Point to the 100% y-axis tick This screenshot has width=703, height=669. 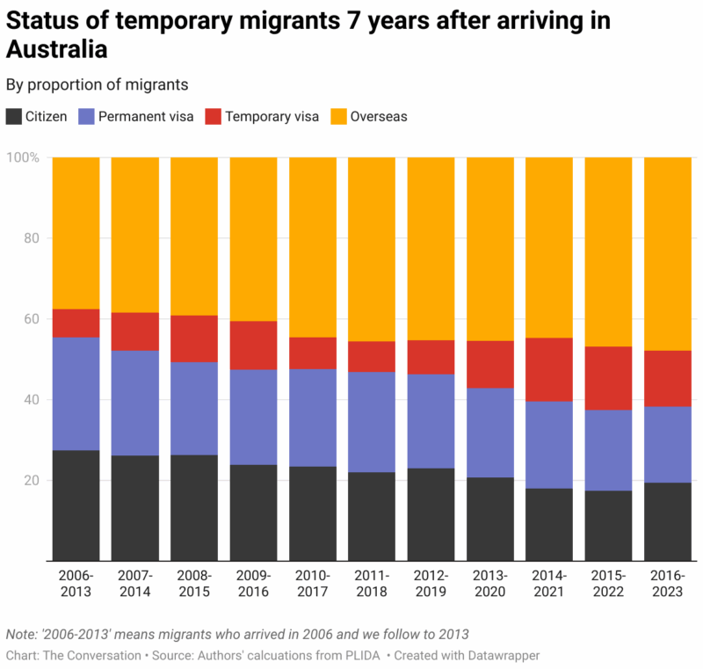23,157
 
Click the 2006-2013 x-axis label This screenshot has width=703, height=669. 76,584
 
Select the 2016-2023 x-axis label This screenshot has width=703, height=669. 667,584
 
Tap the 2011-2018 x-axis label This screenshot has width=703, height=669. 372,584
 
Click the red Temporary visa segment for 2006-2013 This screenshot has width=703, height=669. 76,324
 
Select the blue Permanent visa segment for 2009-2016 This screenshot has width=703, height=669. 253,417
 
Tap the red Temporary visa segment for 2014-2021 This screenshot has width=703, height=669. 549,369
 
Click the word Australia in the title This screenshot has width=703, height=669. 57,49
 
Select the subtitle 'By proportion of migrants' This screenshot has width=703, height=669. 98,85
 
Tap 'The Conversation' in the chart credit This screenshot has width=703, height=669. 91,655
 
